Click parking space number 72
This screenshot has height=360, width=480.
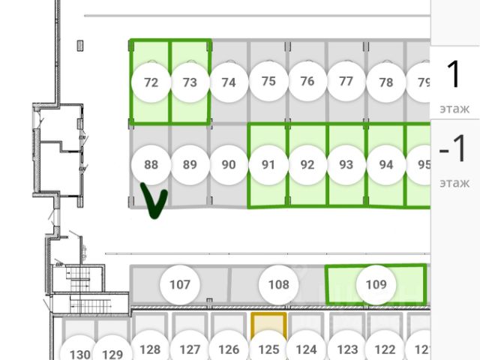(151, 82)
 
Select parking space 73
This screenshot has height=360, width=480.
(190, 82)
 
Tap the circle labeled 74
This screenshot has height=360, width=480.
(229, 82)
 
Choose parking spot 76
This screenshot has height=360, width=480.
(307, 82)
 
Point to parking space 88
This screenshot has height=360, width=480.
(151, 164)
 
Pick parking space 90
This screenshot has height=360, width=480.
(229, 165)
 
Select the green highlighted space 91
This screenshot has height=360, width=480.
(268, 164)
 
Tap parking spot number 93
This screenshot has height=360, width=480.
(346, 164)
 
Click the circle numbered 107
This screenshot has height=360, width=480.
(180, 284)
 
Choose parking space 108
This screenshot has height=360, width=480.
(278, 284)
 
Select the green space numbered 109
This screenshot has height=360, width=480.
(376, 284)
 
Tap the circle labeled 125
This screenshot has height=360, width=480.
(268, 349)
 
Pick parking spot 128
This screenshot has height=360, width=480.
(151, 349)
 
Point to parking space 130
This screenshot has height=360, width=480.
(80, 353)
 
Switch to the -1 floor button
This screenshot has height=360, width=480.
(453, 159)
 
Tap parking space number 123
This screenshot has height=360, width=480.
(346, 349)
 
